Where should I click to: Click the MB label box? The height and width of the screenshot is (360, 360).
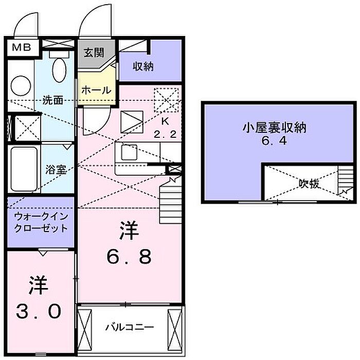click(22, 48)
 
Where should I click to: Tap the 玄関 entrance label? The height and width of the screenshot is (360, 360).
click(94, 52)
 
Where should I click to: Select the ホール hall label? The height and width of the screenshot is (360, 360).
click(97, 90)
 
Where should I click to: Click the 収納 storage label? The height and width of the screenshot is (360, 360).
click(143, 66)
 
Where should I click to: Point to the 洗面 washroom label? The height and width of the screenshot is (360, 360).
click(52, 100)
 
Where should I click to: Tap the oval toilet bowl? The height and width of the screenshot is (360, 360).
click(59, 69)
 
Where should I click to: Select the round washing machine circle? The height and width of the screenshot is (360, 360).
click(21, 86)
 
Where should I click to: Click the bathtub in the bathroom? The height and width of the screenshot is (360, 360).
click(24, 169)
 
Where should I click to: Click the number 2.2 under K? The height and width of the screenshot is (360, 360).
click(165, 134)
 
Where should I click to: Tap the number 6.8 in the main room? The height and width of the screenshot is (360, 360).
click(129, 257)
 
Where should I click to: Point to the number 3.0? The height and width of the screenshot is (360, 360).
click(39, 311)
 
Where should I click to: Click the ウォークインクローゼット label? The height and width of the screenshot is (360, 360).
click(41, 222)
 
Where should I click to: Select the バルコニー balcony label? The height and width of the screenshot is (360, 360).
click(130, 327)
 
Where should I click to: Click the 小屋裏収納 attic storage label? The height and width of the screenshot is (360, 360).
click(275, 128)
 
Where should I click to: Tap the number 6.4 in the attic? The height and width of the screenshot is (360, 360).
click(275, 141)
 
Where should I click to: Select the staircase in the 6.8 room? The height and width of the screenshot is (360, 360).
click(171, 200)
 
